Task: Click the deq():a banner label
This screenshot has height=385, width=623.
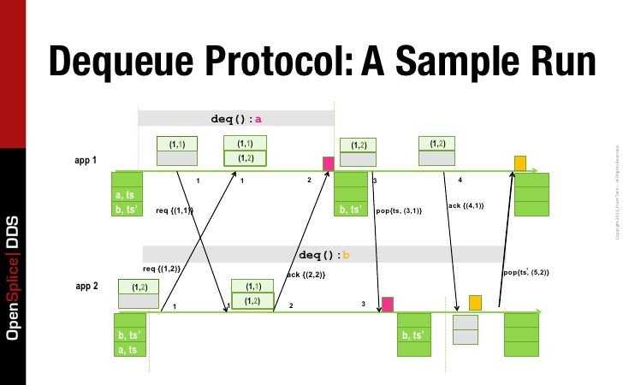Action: (x=236, y=118)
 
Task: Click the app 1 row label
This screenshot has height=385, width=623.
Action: (x=86, y=161)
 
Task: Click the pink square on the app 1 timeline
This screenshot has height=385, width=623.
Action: (x=328, y=163)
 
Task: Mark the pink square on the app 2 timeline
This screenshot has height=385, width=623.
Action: (x=388, y=304)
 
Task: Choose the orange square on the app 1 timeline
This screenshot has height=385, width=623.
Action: (x=519, y=163)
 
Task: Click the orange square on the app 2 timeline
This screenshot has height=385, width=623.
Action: (x=475, y=303)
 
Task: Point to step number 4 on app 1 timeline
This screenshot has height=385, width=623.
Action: (x=460, y=180)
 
